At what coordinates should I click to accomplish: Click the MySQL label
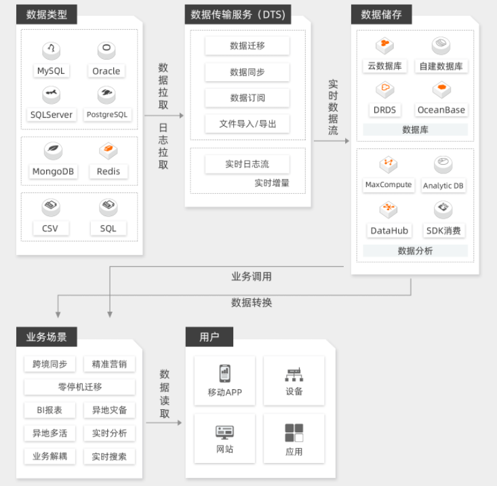[x=51, y=70]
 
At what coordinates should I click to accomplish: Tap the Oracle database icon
[x=106, y=50]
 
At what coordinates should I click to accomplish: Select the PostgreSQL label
[x=107, y=115]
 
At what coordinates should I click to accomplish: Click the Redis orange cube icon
[x=108, y=150]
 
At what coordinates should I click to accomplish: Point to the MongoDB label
[x=53, y=171]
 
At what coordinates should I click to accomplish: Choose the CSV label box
[x=51, y=228]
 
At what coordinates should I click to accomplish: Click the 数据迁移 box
[x=247, y=46]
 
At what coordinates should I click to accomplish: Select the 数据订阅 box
[x=247, y=98]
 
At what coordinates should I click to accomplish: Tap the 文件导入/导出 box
[x=247, y=123]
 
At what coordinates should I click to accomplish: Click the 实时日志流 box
[x=247, y=164]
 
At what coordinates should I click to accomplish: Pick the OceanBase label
[x=441, y=110]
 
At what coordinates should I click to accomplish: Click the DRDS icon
[x=385, y=89]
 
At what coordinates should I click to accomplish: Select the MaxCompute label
[x=389, y=184]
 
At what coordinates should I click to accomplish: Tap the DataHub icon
[x=389, y=209]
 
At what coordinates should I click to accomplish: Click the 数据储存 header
[x=381, y=14]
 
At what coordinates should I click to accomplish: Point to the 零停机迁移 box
[x=79, y=387]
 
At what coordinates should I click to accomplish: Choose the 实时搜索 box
[x=109, y=456]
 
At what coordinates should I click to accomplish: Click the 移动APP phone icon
[x=224, y=373]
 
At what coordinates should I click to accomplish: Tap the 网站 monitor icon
[x=224, y=432]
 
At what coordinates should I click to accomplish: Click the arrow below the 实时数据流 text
[x=332, y=141]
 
